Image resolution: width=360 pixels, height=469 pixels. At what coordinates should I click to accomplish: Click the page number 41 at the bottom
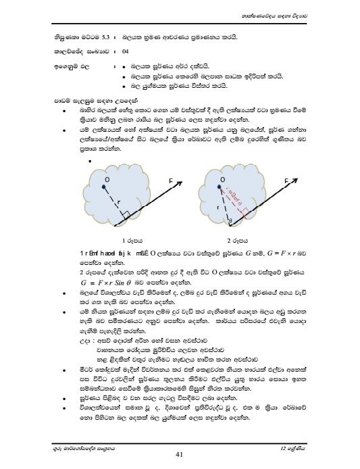(x=179, y=453)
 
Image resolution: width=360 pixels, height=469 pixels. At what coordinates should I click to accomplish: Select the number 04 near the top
(x=125, y=51)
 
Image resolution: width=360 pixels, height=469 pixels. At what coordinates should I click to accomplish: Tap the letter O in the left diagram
(x=107, y=179)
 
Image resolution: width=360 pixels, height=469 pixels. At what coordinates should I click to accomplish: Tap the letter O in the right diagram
(x=222, y=179)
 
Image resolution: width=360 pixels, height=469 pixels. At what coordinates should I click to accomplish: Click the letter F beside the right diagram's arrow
(x=286, y=181)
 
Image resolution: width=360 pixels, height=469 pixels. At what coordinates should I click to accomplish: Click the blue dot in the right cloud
(x=220, y=189)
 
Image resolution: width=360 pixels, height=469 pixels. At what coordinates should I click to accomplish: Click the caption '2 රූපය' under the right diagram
(x=237, y=240)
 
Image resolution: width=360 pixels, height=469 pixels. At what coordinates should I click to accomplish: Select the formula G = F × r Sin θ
(x=108, y=276)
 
